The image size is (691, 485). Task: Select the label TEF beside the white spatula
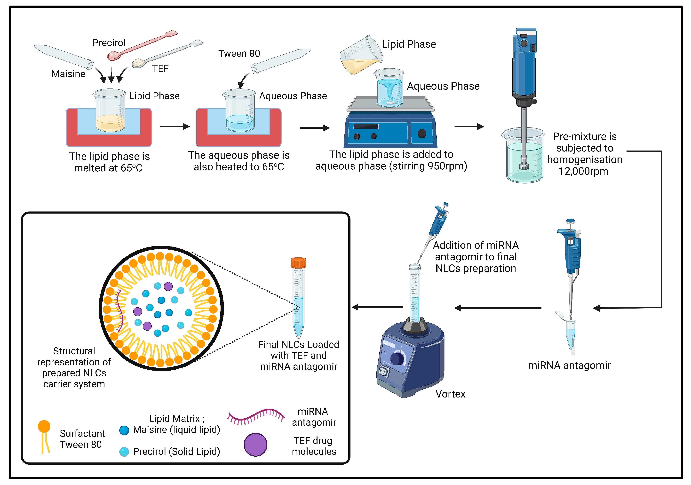[160, 69]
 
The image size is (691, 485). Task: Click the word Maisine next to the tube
[68, 74]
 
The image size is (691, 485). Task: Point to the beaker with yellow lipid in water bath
[110, 111]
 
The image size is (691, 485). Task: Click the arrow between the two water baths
[175, 127]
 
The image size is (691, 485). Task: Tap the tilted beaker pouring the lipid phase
[361, 56]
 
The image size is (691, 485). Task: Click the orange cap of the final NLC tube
[298, 262]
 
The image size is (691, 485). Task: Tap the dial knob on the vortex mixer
[397, 358]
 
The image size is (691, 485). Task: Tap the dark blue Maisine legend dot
[124, 430]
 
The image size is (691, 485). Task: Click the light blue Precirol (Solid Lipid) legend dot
[124, 452]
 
